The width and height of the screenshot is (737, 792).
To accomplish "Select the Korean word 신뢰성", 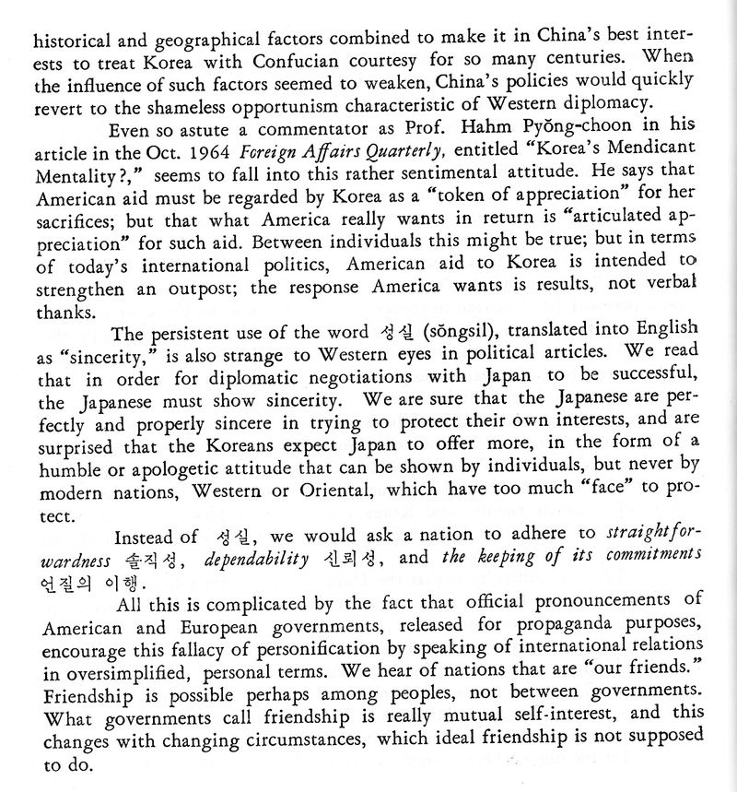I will click(x=346, y=556).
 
